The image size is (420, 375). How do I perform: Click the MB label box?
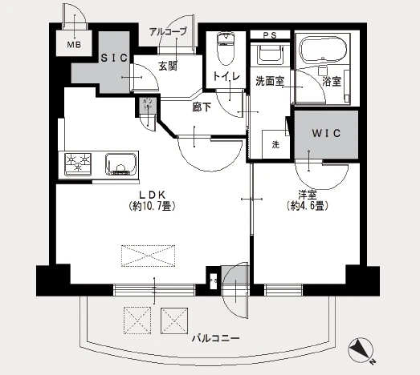(x=73, y=46)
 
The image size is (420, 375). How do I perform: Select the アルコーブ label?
(x=169, y=32)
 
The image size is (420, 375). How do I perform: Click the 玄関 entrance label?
(x=167, y=66)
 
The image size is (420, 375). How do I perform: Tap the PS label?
(x=271, y=34)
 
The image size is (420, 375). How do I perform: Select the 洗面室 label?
(x=268, y=81)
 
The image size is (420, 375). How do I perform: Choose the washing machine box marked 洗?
(x=275, y=145)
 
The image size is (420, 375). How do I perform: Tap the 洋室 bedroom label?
(x=306, y=194)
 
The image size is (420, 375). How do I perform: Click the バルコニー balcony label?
(x=215, y=338)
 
